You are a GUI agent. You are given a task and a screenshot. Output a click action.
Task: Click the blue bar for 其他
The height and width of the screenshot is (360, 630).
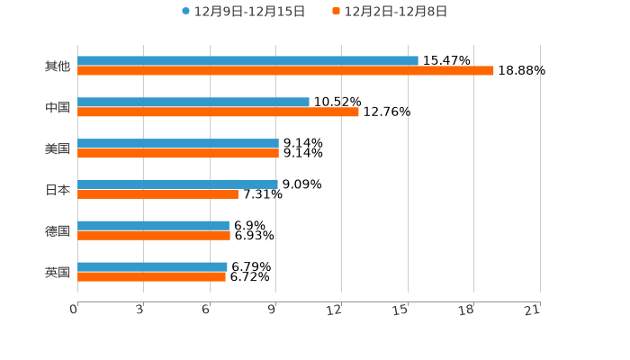tap(247, 61)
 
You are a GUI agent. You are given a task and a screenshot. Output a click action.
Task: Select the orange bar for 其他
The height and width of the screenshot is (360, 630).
tap(285, 70)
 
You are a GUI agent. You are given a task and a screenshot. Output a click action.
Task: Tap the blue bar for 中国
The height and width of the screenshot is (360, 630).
tap(193, 103)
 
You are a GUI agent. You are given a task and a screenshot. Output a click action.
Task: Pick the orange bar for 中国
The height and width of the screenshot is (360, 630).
tap(218, 112)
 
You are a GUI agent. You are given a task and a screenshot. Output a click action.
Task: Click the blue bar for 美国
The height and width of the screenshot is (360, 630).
tap(178, 143)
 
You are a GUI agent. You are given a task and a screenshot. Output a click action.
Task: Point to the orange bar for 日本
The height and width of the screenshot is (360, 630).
tap(157, 193)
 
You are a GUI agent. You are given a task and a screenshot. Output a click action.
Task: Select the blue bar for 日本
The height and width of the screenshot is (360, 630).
tap(177, 184)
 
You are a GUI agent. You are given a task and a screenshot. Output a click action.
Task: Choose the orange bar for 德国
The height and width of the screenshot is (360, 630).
tap(154, 235)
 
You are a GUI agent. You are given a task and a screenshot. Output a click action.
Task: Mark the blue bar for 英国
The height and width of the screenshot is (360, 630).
tap(152, 266)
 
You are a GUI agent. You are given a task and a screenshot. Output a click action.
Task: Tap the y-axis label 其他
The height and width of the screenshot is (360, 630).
tap(58, 67)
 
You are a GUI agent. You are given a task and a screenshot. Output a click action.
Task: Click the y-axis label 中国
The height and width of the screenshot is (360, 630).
tap(58, 108)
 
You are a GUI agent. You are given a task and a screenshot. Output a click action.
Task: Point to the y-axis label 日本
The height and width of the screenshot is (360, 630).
tap(58, 190)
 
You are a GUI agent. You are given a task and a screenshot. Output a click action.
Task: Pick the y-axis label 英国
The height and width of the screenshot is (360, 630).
tap(58, 272)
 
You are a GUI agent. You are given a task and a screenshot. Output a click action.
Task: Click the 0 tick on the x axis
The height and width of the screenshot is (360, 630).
tap(74, 310)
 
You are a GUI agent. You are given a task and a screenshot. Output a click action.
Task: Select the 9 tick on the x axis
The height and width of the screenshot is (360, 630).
tap(272, 310)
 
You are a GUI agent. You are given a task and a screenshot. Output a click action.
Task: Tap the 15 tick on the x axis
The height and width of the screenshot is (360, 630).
tap(400, 310)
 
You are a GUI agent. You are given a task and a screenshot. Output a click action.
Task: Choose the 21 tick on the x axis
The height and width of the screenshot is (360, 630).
tap(533, 310)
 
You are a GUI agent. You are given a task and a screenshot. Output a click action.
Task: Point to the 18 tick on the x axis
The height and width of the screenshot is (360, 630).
tap(466, 310)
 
